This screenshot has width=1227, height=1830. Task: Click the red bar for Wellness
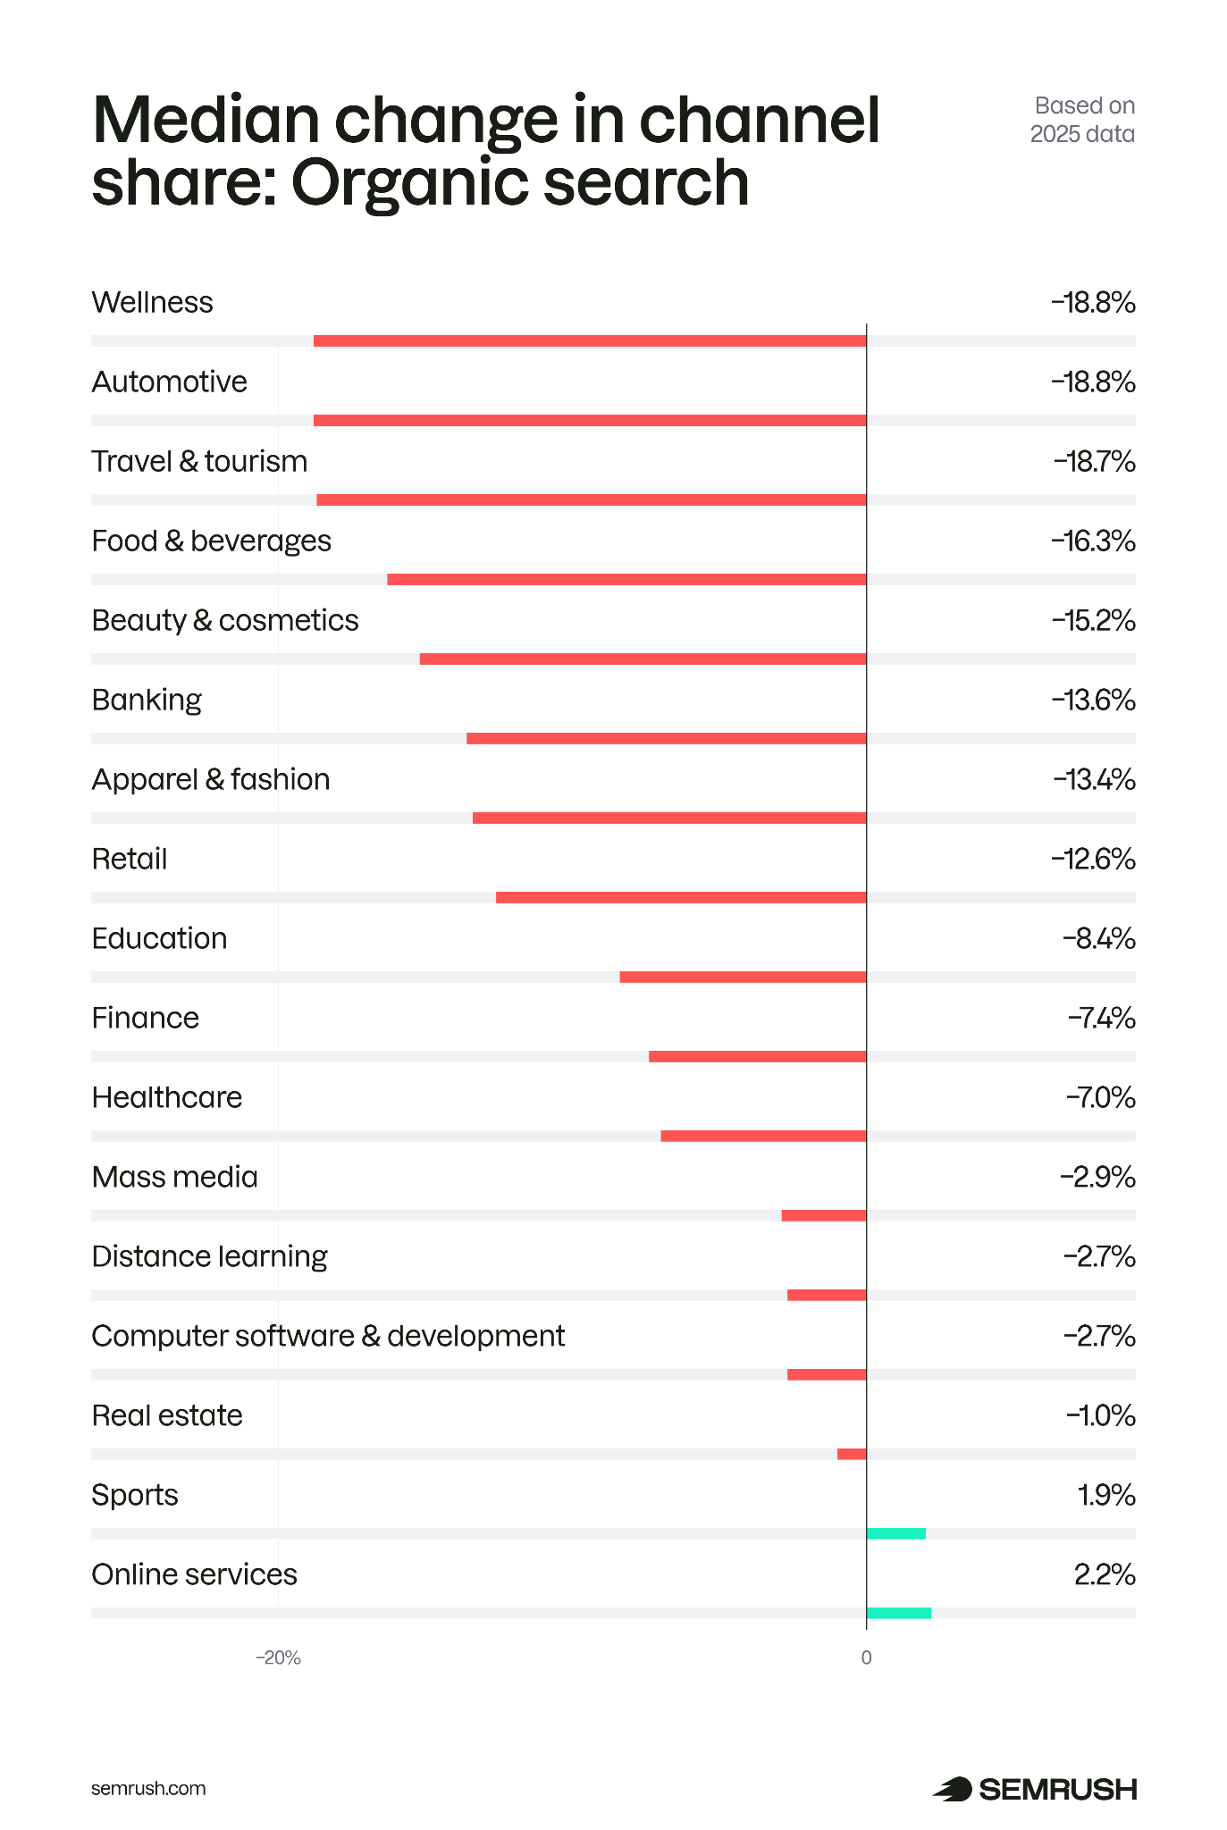click(590, 340)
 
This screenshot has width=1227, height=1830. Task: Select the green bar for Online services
click(898, 1613)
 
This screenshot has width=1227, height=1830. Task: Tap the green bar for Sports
click(895, 1533)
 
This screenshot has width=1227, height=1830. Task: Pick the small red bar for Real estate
click(852, 1454)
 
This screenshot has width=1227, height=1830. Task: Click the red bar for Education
click(743, 977)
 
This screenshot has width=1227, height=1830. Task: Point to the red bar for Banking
click(666, 738)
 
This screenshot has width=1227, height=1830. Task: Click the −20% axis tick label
click(278, 1658)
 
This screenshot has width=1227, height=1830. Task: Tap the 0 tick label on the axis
click(866, 1658)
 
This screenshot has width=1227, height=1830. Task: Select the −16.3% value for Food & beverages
click(1093, 541)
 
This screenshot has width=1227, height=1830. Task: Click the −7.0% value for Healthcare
click(1100, 1098)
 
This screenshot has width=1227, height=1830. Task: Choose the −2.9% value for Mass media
click(1097, 1178)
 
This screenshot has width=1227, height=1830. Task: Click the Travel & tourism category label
click(199, 462)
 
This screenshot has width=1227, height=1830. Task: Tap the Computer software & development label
click(328, 1337)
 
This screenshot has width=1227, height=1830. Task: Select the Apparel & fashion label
click(211, 780)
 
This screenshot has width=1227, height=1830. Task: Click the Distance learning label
click(209, 1257)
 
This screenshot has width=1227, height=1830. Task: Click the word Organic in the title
click(411, 184)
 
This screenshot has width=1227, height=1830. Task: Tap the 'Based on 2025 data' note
click(1083, 120)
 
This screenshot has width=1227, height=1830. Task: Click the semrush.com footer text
click(148, 1788)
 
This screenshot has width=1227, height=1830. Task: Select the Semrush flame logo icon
click(953, 1789)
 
